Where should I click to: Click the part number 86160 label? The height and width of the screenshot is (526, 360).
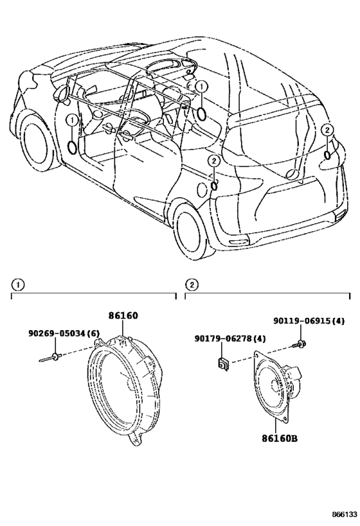(123, 316)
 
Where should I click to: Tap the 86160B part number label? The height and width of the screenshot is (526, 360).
(280, 438)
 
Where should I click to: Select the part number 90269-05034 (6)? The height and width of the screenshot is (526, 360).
(64, 333)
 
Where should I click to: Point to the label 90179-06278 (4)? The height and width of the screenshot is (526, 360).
(230, 339)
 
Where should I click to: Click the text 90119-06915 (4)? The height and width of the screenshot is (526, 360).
(309, 321)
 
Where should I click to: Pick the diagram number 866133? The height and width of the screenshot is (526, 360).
(345, 514)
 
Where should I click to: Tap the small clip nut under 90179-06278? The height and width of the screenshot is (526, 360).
(222, 364)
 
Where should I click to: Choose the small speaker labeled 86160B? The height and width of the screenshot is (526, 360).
(276, 385)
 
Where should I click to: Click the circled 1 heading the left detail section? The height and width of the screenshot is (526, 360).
(17, 285)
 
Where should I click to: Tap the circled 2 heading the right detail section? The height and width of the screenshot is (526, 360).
(192, 285)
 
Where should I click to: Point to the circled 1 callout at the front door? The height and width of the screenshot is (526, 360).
(72, 119)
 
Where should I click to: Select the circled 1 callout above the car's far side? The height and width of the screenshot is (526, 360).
(201, 87)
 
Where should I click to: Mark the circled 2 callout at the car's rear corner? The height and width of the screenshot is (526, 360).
(327, 130)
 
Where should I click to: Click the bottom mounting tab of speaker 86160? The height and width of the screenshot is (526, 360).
(136, 439)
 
